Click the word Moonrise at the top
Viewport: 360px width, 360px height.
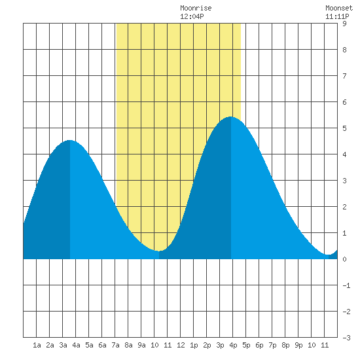click(x=196, y=8)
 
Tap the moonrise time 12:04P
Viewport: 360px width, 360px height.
click(x=192, y=16)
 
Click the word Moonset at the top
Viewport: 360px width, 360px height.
click(x=339, y=8)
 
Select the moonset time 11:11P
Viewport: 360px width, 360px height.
click(x=337, y=16)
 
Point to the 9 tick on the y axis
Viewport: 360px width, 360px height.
click(x=344, y=24)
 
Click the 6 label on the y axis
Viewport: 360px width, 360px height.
click(x=344, y=102)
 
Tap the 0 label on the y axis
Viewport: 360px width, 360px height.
click(x=344, y=259)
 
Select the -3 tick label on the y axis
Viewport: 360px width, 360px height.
click(x=346, y=338)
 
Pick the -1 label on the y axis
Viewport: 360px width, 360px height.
click(x=346, y=285)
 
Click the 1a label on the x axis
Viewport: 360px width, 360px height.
click(x=37, y=345)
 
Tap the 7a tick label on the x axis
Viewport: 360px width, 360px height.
click(x=115, y=345)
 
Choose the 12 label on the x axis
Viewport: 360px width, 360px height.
click(x=181, y=345)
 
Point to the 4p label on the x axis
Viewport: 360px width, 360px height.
click(x=233, y=345)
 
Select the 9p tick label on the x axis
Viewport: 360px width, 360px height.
click(x=298, y=345)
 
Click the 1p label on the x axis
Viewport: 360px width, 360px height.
click(x=194, y=345)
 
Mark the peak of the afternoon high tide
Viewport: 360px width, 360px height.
click(x=231, y=117)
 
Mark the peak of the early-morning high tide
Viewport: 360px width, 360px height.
click(x=70, y=140)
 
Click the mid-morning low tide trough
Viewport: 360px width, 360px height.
click(x=159, y=251)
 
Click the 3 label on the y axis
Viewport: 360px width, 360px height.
click(x=344, y=181)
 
